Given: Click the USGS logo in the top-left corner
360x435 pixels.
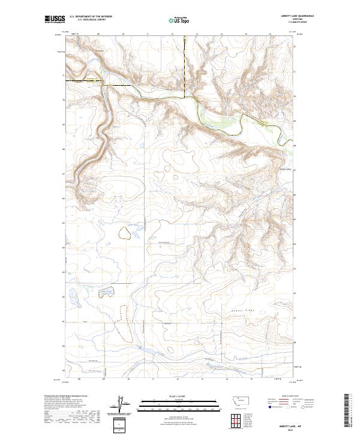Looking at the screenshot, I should (x=55, y=20).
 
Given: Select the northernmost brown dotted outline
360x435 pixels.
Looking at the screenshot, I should (x=125, y=233).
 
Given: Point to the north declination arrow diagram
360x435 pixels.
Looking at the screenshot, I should (x=120, y=405).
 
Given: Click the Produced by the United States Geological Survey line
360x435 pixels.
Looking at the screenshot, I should (x=64, y=397).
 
